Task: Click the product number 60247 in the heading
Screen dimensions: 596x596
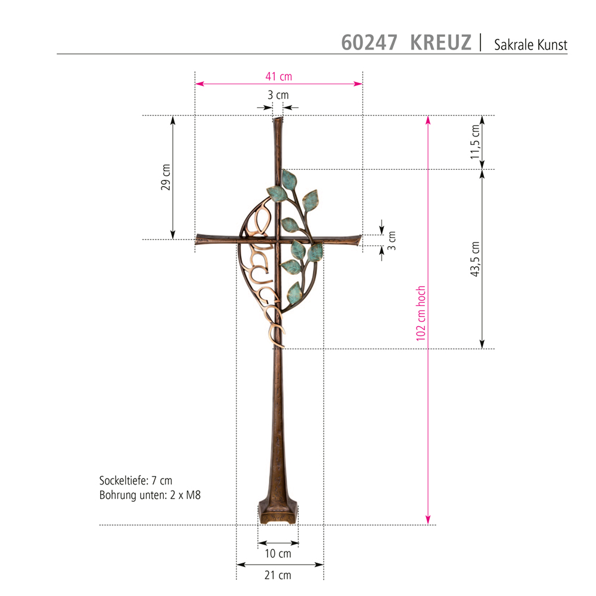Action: [x=369, y=42]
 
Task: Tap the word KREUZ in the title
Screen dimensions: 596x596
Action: [x=440, y=42]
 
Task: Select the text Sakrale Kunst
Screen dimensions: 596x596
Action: [x=530, y=45]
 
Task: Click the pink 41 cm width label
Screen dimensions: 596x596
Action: [x=278, y=76]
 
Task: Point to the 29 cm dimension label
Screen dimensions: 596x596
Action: [x=166, y=177]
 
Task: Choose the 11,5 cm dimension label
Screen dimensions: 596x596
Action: [x=475, y=142]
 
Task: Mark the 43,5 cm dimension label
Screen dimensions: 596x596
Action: [x=475, y=259]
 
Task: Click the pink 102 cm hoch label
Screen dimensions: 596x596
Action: [x=420, y=313]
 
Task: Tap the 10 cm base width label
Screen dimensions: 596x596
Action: [x=278, y=554]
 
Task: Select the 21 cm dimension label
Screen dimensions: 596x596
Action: [x=278, y=575]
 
